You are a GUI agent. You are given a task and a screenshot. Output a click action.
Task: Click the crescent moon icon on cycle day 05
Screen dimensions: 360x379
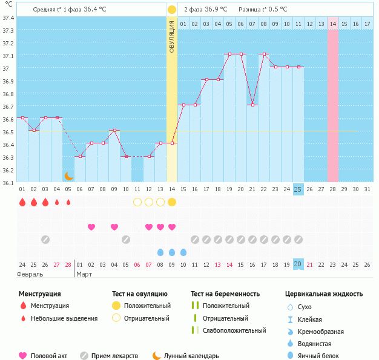coord(69,176)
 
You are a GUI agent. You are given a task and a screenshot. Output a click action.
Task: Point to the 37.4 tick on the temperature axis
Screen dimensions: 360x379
coord(8,18)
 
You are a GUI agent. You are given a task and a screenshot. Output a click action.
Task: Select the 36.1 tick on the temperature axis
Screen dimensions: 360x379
coord(8,183)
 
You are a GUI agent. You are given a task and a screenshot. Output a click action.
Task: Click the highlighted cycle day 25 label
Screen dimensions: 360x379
coord(298,189)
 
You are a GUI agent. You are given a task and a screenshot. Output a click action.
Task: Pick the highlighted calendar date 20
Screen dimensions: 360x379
coord(298,264)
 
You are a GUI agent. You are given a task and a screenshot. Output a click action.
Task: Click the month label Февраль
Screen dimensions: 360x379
coord(30,274)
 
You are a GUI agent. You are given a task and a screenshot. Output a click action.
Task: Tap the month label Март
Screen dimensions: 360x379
coord(85,274)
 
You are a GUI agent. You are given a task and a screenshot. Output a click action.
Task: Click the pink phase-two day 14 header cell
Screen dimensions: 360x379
coord(333,24)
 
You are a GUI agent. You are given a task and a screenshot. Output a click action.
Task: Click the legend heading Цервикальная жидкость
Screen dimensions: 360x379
coord(324,294)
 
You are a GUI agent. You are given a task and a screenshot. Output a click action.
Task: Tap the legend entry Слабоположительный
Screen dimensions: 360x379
coord(234,330)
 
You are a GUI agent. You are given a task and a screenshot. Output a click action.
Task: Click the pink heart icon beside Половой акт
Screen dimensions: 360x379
coord(23,356)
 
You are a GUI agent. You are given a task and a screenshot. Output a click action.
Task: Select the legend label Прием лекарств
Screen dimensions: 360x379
coord(114,356)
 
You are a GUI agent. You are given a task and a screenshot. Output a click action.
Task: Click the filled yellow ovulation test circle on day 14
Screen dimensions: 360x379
coord(172,202)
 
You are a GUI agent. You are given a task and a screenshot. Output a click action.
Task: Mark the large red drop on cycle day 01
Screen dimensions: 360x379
coord(22,202)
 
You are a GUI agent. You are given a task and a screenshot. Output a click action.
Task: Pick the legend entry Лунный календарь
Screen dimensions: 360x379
coord(191,356)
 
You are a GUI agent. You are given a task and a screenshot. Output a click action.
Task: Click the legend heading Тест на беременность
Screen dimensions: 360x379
coord(225,294)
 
